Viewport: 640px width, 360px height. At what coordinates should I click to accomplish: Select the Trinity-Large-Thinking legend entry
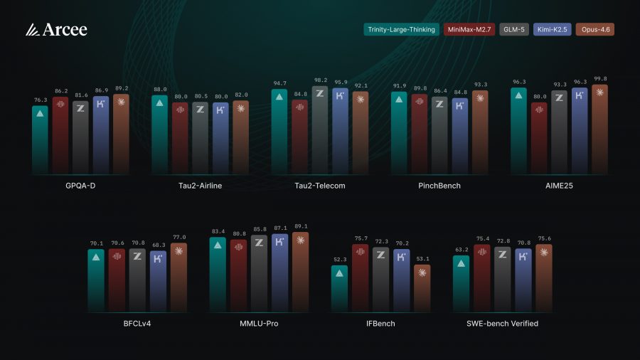tap(401, 30)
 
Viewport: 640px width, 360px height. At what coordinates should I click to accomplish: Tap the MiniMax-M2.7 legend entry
tap(469, 30)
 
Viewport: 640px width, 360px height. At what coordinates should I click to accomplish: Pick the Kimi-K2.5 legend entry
tap(553, 30)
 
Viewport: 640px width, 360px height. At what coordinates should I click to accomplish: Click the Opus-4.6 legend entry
tap(594, 30)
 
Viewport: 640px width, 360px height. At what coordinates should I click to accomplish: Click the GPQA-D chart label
tap(80, 186)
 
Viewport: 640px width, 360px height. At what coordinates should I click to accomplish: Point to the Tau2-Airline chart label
tap(200, 186)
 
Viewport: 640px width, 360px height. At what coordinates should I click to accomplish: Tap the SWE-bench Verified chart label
tap(502, 324)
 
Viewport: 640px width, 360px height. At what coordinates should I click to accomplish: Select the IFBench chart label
tap(380, 324)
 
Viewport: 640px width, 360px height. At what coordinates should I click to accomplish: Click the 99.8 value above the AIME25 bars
tap(600, 79)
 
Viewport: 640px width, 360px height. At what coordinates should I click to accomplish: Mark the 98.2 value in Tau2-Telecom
tap(320, 80)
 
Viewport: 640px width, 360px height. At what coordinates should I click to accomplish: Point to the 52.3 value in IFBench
tap(340, 260)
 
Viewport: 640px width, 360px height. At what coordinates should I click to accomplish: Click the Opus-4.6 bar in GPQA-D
tap(121, 135)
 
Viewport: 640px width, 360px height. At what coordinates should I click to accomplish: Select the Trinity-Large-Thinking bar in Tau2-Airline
tap(160, 135)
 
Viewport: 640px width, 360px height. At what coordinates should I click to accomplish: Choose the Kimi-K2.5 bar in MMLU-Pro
tap(280, 274)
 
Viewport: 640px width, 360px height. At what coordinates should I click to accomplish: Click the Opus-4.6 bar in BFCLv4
tap(178, 277)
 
